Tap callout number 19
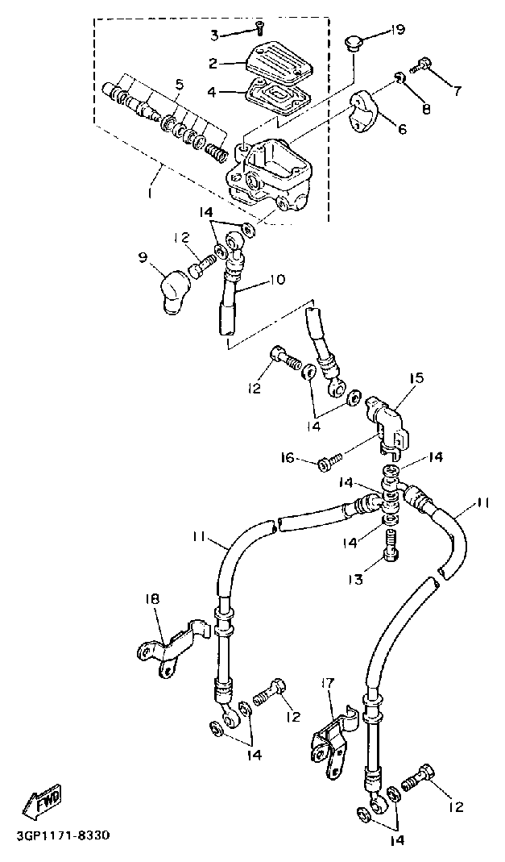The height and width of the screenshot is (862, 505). [397, 31]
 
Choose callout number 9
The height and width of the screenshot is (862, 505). [143, 258]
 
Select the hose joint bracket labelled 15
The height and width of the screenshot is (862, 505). [388, 419]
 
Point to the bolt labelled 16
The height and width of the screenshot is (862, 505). [327, 463]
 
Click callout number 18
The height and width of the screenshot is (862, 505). [153, 599]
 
